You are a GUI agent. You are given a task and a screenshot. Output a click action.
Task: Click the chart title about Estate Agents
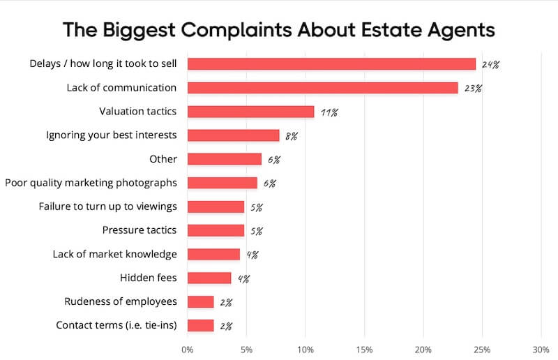pyautogui.click(x=279, y=30)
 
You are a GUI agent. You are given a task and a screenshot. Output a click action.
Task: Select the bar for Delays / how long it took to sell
pyautogui.click(x=331, y=64)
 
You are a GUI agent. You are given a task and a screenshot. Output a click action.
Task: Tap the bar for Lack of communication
pyautogui.click(x=322, y=88)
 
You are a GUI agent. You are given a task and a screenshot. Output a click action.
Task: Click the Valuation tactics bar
pyautogui.click(x=250, y=112)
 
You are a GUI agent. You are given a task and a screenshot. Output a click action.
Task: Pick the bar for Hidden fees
pyautogui.click(x=209, y=278)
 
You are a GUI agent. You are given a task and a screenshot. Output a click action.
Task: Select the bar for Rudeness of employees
pyautogui.click(x=200, y=301)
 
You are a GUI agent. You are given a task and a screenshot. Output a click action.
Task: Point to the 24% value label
pyautogui.click(x=490, y=65)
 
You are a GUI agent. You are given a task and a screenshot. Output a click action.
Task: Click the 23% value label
pyautogui.click(x=472, y=89)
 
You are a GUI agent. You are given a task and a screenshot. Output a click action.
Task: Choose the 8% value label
pyautogui.click(x=291, y=136)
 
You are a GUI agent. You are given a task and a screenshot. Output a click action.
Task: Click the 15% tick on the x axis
pyautogui.click(x=364, y=348)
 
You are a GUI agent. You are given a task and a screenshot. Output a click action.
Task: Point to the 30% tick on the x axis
pyautogui.click(x=541, y=348)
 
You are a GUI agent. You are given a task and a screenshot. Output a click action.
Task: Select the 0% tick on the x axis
pyautogui.click(x=188, y=348)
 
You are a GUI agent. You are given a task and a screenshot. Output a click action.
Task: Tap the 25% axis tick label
pyautogui.click(x=482, y=348)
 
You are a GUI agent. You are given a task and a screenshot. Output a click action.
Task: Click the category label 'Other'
pyautogui.click(x=163, y=159)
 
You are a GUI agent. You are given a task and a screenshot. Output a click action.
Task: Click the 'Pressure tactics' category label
pyautogui.click(x=139, y=230)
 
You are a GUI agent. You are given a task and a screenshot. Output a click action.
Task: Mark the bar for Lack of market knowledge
pyautogui.click(x=213, y=254)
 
